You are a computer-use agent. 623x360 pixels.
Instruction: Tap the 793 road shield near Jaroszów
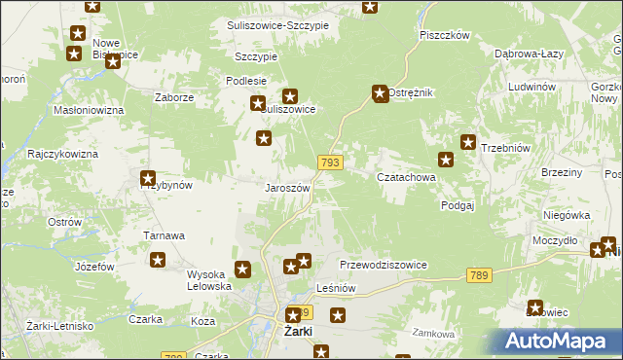329,162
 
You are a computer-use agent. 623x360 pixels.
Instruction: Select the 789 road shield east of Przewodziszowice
477,276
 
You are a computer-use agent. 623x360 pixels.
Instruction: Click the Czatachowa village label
406,178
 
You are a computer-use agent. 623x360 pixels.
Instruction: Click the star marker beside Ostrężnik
380,94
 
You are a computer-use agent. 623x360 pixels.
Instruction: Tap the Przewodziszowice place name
384,265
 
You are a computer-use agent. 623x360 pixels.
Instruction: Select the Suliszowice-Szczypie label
277,24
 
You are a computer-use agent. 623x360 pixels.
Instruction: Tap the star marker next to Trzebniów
467,142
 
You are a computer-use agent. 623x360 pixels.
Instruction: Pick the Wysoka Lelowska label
209,280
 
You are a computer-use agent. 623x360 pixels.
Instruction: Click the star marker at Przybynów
148,179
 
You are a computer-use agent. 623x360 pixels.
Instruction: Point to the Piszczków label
445,35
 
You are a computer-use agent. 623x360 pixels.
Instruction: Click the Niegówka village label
568,215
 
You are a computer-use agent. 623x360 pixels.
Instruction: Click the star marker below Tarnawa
157,260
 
